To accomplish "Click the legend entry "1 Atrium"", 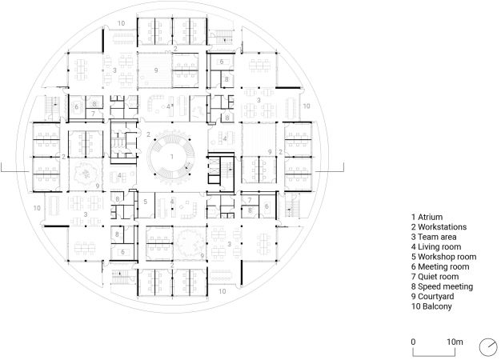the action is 427,218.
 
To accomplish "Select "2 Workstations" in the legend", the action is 439,227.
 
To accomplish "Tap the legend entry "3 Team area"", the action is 434,237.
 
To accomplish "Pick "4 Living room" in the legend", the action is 436,247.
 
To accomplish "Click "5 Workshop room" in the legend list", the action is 444,257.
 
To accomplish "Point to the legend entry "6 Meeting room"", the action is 440,266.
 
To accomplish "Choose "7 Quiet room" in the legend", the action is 435,277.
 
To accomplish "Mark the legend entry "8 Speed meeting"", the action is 442,286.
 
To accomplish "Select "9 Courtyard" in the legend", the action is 432,297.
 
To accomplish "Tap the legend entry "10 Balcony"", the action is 431,306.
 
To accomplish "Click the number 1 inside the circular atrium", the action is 172,157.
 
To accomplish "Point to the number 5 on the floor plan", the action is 146,202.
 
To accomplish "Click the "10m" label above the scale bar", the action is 455,342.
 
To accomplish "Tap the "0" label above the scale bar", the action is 413,342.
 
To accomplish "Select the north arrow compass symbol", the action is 488,347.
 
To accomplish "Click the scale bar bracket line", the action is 434,355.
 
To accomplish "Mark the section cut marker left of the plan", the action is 15,171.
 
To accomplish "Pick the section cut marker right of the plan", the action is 330,171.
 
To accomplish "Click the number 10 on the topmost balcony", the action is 121,23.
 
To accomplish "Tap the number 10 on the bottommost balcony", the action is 222,291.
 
